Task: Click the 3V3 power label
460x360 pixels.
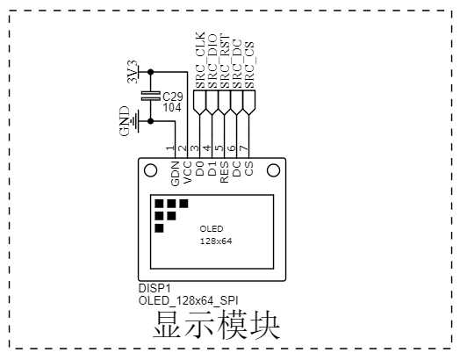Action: [x=133, y=71]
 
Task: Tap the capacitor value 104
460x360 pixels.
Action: [x=172, y=107]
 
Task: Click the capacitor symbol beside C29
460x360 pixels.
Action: [x=151, y=96]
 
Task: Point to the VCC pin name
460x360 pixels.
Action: [x=188, y=173]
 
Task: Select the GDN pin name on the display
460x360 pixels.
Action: [x=175, y=172]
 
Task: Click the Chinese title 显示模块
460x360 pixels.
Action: [x=217, y=326]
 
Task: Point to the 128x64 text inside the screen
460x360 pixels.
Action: [x=215, y=241]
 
